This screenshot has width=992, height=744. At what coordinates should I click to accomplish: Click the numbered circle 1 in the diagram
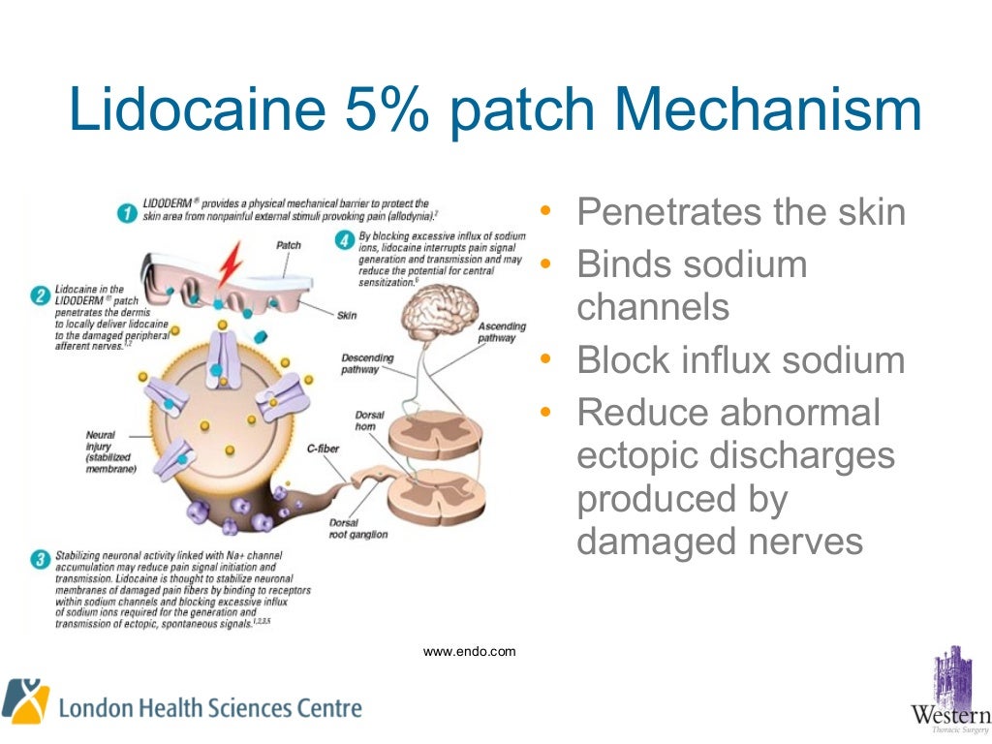(126, 212)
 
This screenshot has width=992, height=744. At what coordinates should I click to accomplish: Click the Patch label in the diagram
(289, 245)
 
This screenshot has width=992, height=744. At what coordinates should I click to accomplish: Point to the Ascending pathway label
(502, 333)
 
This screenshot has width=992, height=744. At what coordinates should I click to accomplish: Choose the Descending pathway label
(367, 363)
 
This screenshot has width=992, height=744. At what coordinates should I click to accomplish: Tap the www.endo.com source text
(470, 652)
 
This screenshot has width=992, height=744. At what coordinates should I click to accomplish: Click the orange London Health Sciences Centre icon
(25, 700)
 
